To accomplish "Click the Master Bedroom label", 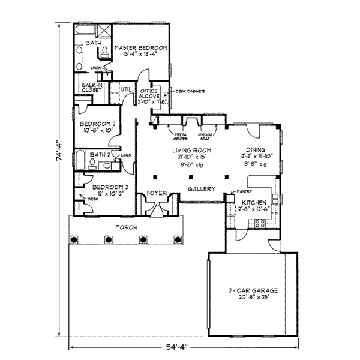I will coord(140,47).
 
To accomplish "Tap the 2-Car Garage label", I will coord(252,290).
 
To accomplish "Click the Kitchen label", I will coord(253,203).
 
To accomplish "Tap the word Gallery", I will coord(202,189).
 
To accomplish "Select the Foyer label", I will coord(157,193).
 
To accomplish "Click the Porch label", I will coord(126,228).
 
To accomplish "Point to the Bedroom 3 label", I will coord(98,187).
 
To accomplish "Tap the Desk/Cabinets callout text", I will coord(190,91).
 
